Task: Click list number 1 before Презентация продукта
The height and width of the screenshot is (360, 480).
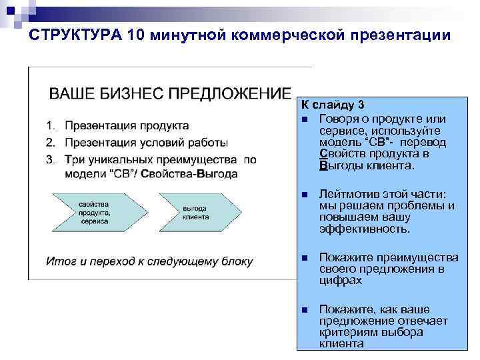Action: pyautogui.click(x=50, y=125)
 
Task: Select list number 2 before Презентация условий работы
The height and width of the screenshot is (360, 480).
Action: pyautogui.click(x=50, y=142)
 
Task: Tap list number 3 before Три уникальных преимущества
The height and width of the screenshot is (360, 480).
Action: pyautogui.click(x=50, y=159)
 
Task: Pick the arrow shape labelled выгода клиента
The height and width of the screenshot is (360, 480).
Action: pyautogui.click(x=198, y=213)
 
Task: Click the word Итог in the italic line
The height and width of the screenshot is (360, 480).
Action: pyautogui.click(x=59, y=261)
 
